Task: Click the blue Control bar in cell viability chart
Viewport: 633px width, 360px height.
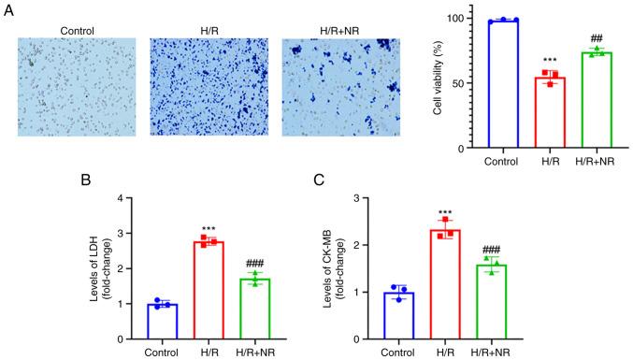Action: (503, 84)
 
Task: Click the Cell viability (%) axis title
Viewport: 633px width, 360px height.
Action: (438, 82)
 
